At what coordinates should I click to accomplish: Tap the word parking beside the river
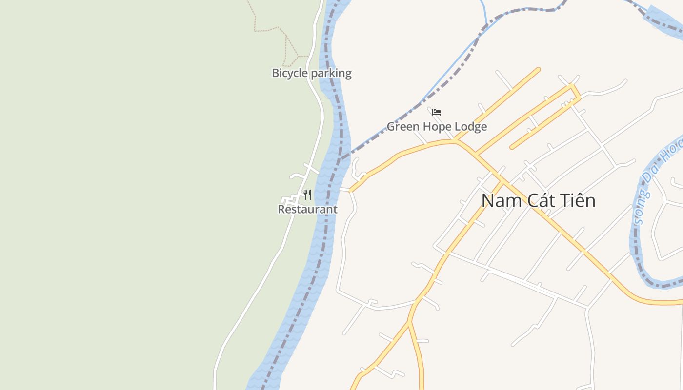pyautogui.click(x=331, y=74)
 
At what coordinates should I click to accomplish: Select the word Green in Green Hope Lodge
pyautogui.click(x=402, y=127)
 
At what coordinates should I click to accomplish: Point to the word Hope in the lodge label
pyautogui.click(x=436, y=127)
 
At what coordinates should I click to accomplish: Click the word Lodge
pyautogui.click(x=470, y=127)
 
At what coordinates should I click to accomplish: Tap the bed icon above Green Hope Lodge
pyautogui.click(x=437, y=112)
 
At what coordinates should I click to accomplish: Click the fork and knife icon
pyautogui.click(x=307, y=195)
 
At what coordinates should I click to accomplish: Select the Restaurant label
pyautogui.click(x=307, y=210)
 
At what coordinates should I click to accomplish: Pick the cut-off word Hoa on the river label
pyautogui.click(x=674, y=149)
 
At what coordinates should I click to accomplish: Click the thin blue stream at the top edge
pyautogui.click(x=484, y=12)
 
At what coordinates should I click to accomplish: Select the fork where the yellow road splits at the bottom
pyautogui.click(x=409, y=322)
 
